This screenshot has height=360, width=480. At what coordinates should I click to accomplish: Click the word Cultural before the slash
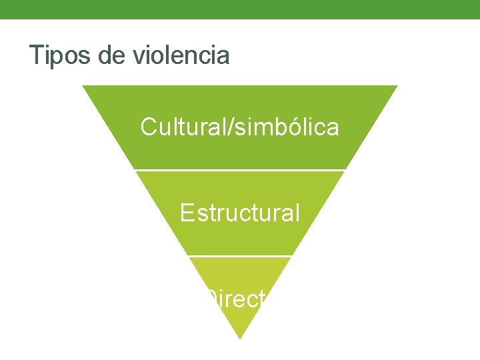pyautogui.click(x=183, y=127)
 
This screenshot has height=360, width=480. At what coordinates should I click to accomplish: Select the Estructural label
pyautogui.click(x=240, y=213)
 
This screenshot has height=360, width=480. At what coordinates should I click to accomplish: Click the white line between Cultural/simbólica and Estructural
pyautogui.click(x=240, y=171)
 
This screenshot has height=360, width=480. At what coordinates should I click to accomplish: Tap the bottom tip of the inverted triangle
pyautogui.click(x=239, y=338)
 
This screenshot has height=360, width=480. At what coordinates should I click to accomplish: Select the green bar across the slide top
pyautogui.click(x=240, y=9)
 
